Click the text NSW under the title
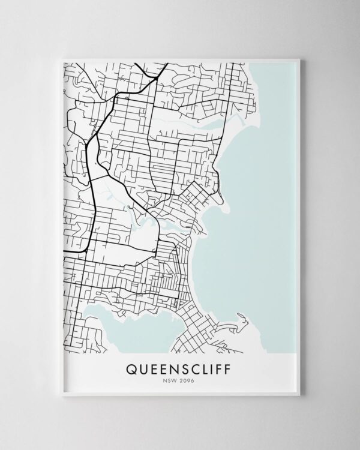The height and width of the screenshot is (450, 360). (170, 379)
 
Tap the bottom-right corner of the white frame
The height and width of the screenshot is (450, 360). (305, 397)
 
